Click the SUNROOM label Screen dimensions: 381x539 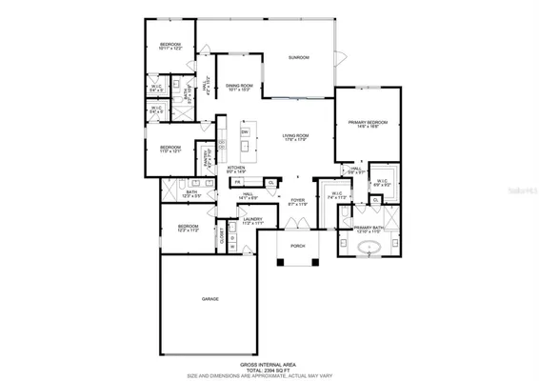tap(299, 58)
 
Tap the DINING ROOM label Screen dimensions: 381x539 tap(239, 89)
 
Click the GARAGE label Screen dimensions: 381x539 tap(210, 299)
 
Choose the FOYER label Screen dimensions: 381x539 tap(298, 201)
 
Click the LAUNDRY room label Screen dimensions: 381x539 tap(252, 221)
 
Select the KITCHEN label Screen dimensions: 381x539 tap(236, 170)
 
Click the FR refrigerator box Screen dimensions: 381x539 tap(237, 182)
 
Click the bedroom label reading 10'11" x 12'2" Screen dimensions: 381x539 tap(170, 46)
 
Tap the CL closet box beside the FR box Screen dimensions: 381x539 tap(270, 182)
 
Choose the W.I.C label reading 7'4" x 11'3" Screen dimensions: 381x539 tap(335, 196)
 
